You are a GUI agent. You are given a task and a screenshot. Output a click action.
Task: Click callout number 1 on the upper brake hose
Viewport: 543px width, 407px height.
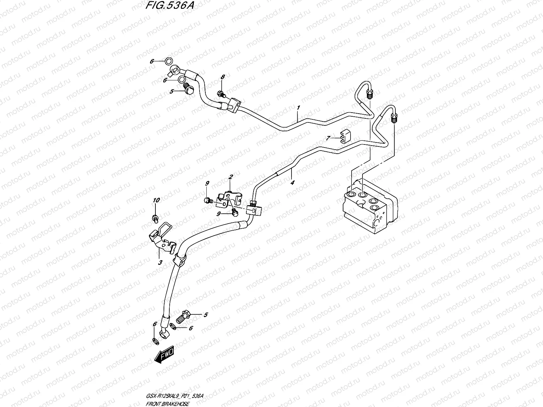[298, 108]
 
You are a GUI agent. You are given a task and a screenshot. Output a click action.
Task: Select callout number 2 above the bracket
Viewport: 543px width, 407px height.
[230, 177]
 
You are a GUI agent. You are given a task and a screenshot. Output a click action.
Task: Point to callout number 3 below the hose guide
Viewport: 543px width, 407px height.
[161, 263]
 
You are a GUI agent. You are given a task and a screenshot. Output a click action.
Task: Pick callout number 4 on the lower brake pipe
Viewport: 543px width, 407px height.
[292, 182]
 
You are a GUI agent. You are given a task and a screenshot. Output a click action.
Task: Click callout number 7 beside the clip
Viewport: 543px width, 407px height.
[328, 138]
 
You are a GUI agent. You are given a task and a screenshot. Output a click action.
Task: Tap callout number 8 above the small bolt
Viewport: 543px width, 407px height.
[223, 77]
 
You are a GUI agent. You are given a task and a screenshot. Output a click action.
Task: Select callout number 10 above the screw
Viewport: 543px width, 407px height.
[156, 201]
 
